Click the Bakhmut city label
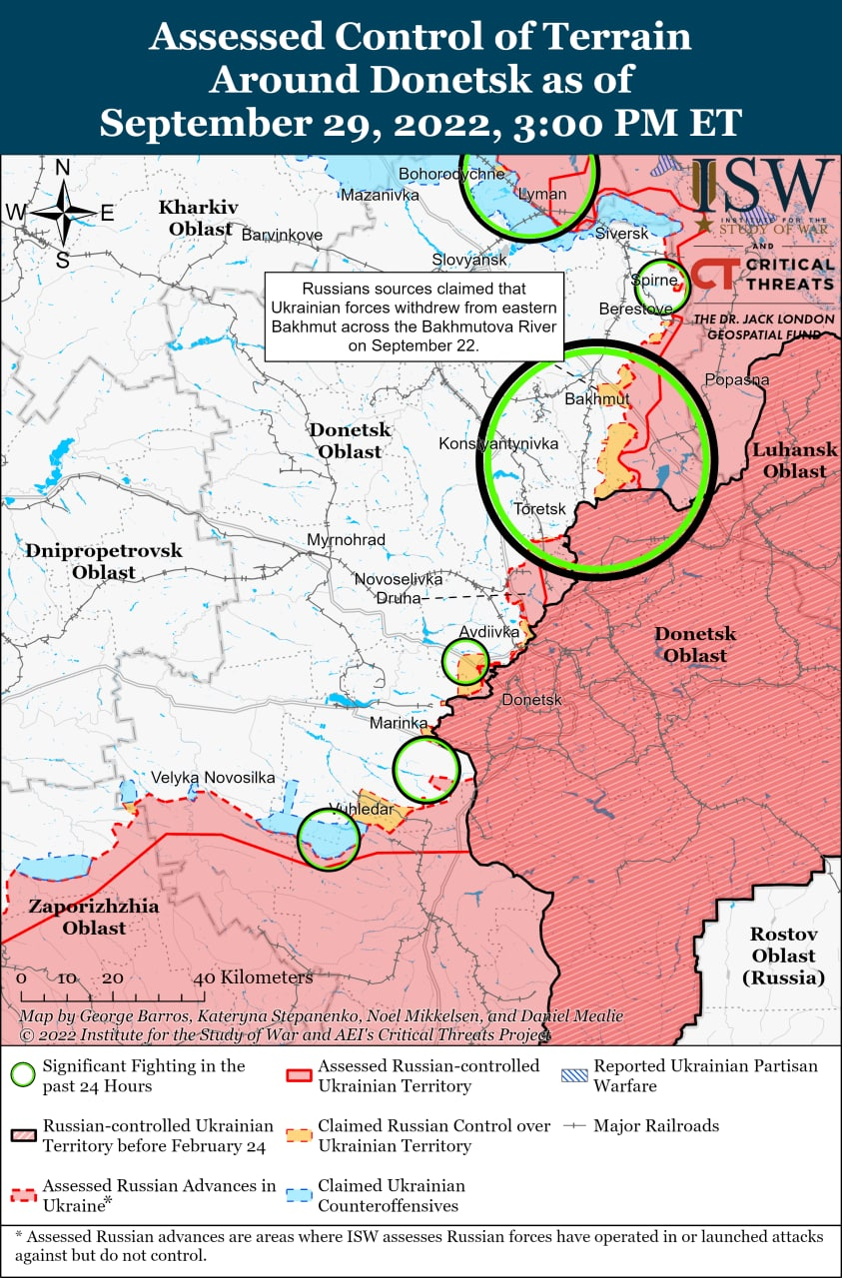pyautogui.click(x=597, y=399)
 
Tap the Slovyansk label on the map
pyautogui.click(x=469, y=260)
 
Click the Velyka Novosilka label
pyautogui.click(x=213, y=778)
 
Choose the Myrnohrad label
pyautogui.click(x=346, y=540)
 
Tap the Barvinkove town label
pyautogui.click(x=282, y=235)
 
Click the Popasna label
pyautogui.click(x=737, y=379)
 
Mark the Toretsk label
pyautogui.click(x=539, y=509)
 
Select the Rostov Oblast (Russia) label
pyautogui.click(x=784, y=957)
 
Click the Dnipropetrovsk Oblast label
pyautogui.click(x=104, y=561)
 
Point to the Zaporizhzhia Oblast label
pyautogui.click(x=79, y=918)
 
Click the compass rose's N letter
pyautogui.click(x=63, y=168)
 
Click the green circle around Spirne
pyautogui.click(x=661, y=287)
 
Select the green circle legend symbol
pyautogui.click(x=23, y=1075)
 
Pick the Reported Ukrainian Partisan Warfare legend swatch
pyautogui.click(x=574, y=1066)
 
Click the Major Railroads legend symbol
pyautogui.click(x=574, y=1126)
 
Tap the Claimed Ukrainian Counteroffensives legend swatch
pyautogui.click(x=299, y=1195)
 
